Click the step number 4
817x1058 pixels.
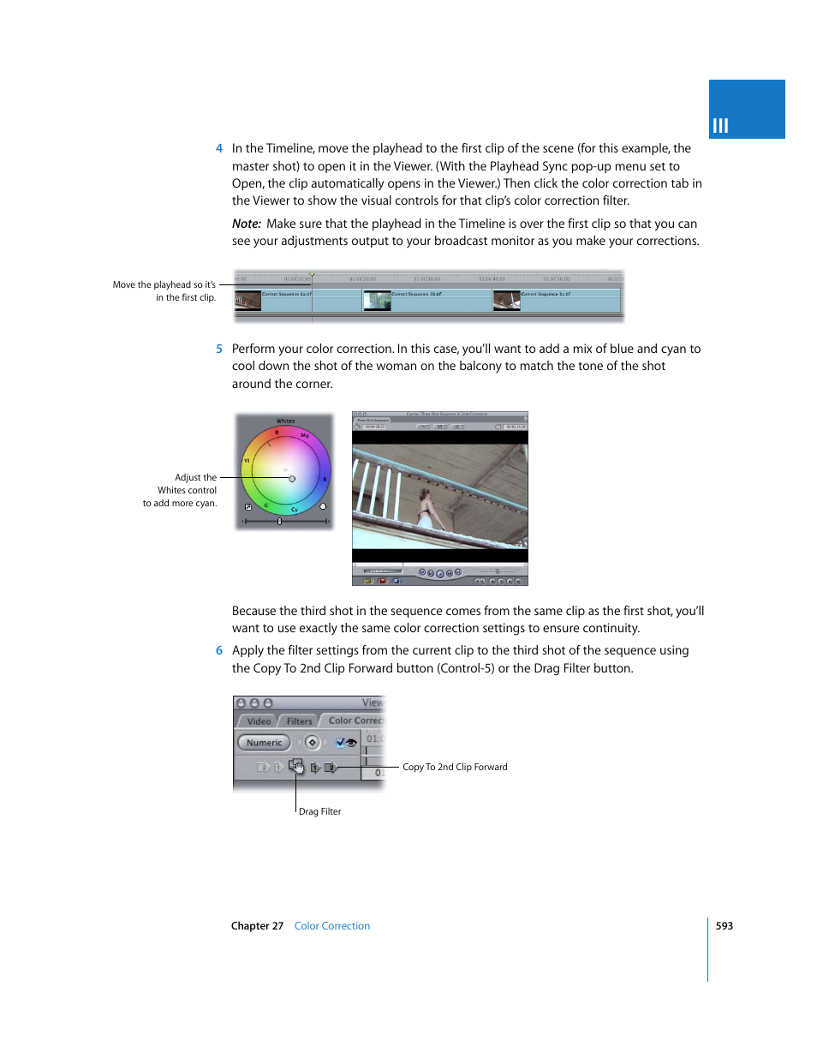point(219,148)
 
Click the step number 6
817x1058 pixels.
point(219,651)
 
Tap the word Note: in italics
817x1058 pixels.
point(246,224)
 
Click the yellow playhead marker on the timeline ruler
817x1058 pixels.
point(312,275)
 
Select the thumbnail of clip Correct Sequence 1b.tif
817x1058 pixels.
point(377,300)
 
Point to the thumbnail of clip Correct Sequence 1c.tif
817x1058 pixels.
point(506,300)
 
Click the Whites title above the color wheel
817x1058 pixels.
point(285,421)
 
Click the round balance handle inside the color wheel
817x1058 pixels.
point(292,479)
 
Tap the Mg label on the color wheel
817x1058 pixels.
point(304,436)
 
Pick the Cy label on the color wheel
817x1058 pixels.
point(295,510)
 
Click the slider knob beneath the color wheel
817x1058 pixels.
point(279,521)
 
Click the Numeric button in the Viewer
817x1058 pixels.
point(264,743)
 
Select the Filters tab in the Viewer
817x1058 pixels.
point(299,721)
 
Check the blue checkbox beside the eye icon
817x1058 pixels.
point(340,743)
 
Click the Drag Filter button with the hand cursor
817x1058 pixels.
point(296,767)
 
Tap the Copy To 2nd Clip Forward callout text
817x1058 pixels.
point(455,768)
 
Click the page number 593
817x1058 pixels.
point(725,926)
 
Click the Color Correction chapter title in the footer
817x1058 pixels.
point(332,926)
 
